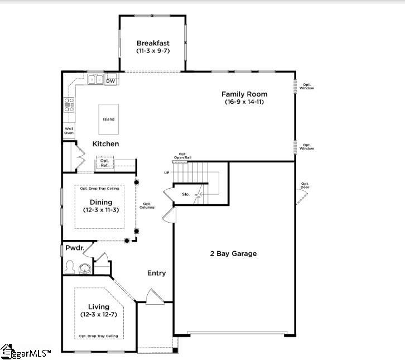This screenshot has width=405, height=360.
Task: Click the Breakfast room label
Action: pos(153,43)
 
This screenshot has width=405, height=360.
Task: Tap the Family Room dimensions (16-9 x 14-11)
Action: pos(244,102)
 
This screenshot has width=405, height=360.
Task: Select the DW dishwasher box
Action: pos(110,81)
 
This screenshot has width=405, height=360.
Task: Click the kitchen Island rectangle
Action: pos(108,119)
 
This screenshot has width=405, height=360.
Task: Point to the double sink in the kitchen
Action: pos(95,80)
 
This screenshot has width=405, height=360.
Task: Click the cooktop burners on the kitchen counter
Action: pos(69,105)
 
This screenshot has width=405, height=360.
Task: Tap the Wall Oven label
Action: pos(69,131)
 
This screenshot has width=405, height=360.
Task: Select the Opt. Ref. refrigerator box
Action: pos(104,162)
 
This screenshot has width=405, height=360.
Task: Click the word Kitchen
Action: pos(105,144)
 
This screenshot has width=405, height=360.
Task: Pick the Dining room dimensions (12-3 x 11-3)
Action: pos(100,210)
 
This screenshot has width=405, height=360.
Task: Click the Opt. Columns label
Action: pos(148,205)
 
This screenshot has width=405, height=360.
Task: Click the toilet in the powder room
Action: pos(70,266)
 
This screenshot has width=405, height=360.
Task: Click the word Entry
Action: pos(156,273)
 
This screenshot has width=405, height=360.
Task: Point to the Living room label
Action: pos(100,307)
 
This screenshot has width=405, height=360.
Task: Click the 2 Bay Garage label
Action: pos(233,253)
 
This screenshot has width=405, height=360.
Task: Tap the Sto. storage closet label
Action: pos(186,195)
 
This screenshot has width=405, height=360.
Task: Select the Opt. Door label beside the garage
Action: pos(305,185)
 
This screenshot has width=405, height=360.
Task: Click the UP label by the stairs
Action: pos(166,173)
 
